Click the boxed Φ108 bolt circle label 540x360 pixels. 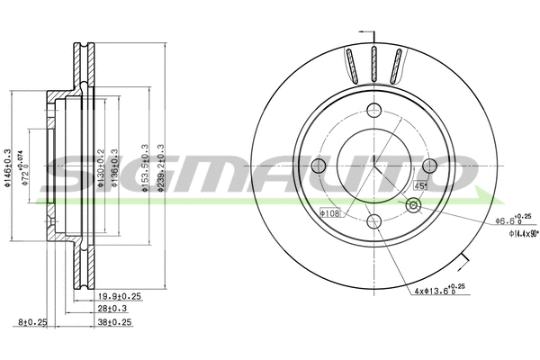pos(329,213)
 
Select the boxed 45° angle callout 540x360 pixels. pos(419,185)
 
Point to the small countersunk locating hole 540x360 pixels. pos(413,206)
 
